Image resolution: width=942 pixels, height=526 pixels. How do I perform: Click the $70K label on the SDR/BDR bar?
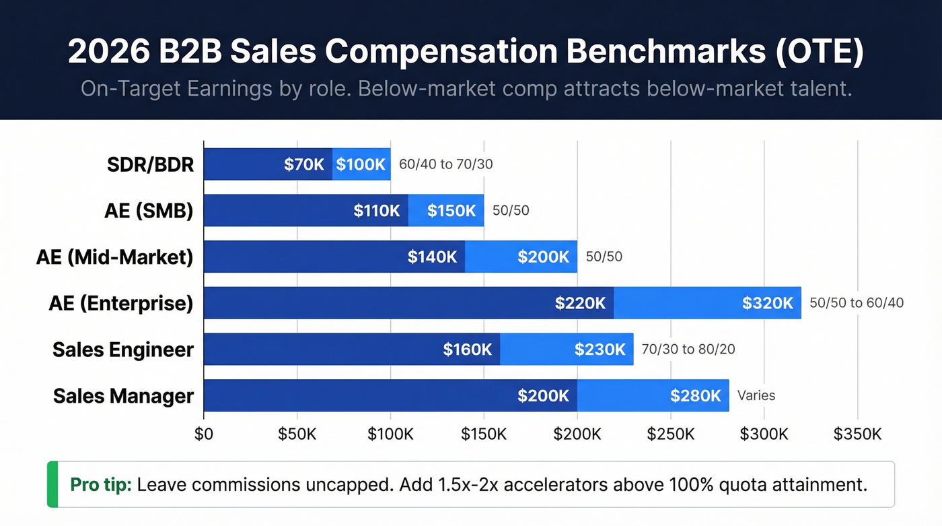[x=304, y=164]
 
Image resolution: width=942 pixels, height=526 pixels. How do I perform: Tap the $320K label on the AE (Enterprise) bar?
[x=768, y=303]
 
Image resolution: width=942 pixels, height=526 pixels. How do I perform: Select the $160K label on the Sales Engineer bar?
[x=467, y=350]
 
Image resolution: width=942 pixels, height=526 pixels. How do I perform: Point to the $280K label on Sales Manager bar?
[x=696, y=396]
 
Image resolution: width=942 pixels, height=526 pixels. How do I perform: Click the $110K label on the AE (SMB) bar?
[x=377, y=211]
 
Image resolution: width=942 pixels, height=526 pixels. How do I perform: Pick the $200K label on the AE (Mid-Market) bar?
[x=543, y=257]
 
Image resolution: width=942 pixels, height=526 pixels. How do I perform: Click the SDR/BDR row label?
[x=150, y=164]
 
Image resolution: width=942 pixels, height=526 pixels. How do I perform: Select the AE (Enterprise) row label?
[x=121, y=303]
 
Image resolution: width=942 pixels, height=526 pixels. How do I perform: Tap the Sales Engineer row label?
[x=123, y=350]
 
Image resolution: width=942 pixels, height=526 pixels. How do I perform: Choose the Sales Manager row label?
[x=123, y=396]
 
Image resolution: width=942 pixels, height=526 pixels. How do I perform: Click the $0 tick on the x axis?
[x=204, y=434]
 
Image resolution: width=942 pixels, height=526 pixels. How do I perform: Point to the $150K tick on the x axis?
[x=484, y=434]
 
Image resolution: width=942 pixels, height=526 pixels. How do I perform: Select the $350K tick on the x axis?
[x=857, y=434]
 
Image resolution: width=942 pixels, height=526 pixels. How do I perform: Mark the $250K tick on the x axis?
[x=670, y=434]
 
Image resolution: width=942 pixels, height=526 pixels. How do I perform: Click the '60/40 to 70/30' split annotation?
[x=445, y=164]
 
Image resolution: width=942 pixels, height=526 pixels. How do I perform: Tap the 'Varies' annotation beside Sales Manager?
[x=756, y=396]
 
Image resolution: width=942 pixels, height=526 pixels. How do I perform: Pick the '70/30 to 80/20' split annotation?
[x=688, y=350]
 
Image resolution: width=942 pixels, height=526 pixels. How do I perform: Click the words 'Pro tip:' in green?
[x=101, y=484]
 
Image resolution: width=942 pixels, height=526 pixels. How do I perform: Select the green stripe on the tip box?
[x=52, y=484]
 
